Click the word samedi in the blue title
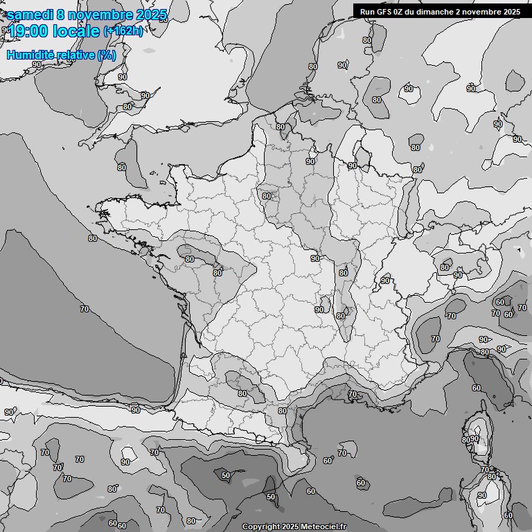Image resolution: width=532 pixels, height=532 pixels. click(31, 15)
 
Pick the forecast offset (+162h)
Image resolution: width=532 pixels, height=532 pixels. click(123, 31)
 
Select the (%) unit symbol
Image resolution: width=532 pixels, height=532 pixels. click(107, 55)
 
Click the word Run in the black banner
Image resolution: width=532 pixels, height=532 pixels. click(367, 11)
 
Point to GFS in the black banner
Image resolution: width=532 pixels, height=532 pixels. click(383, 11)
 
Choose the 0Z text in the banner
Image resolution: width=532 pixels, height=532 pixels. click(398, 11)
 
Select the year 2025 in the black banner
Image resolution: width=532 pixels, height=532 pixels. click(512, 11)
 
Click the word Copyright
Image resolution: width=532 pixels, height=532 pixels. click(261, 526)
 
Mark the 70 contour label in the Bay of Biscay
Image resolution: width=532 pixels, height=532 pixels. click(85, 309)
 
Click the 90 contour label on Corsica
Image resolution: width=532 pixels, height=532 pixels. click(475, 438)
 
